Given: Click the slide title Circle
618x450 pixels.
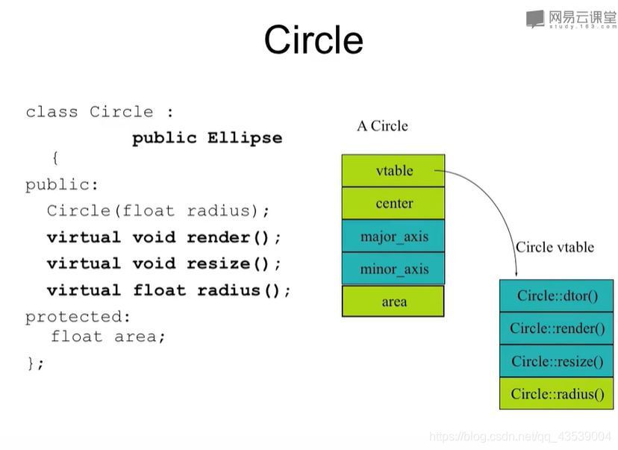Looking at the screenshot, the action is [313, 40].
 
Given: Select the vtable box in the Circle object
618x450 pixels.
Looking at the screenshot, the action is [393, 171].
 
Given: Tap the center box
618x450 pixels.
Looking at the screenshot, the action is [393, 203].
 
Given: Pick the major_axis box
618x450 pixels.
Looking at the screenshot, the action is [393, 236].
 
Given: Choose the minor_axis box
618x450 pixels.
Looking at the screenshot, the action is [393, 269].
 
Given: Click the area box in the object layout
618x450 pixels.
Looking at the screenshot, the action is [393, 301].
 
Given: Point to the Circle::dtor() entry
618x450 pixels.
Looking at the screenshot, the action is [557, 296].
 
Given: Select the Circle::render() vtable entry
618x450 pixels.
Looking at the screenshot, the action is [557, 328].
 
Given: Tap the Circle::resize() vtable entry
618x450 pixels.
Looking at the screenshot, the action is [557, 361].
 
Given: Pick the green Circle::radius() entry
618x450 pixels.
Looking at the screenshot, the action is [557, 393].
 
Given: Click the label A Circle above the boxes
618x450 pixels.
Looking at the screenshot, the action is [382, 126].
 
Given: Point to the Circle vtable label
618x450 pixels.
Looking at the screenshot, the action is [555, 247].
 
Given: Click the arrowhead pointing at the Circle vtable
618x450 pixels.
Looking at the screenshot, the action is [516, 275].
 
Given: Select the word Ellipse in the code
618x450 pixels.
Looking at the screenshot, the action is [245, 138].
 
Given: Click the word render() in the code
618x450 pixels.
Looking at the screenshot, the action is [228, 237].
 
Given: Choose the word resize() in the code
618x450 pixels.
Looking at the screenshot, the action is [228, 263].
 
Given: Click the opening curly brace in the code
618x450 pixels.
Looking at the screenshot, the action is [55, 158].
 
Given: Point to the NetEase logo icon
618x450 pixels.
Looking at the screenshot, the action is [535, 19].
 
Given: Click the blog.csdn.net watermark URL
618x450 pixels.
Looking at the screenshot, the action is [520, 437].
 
